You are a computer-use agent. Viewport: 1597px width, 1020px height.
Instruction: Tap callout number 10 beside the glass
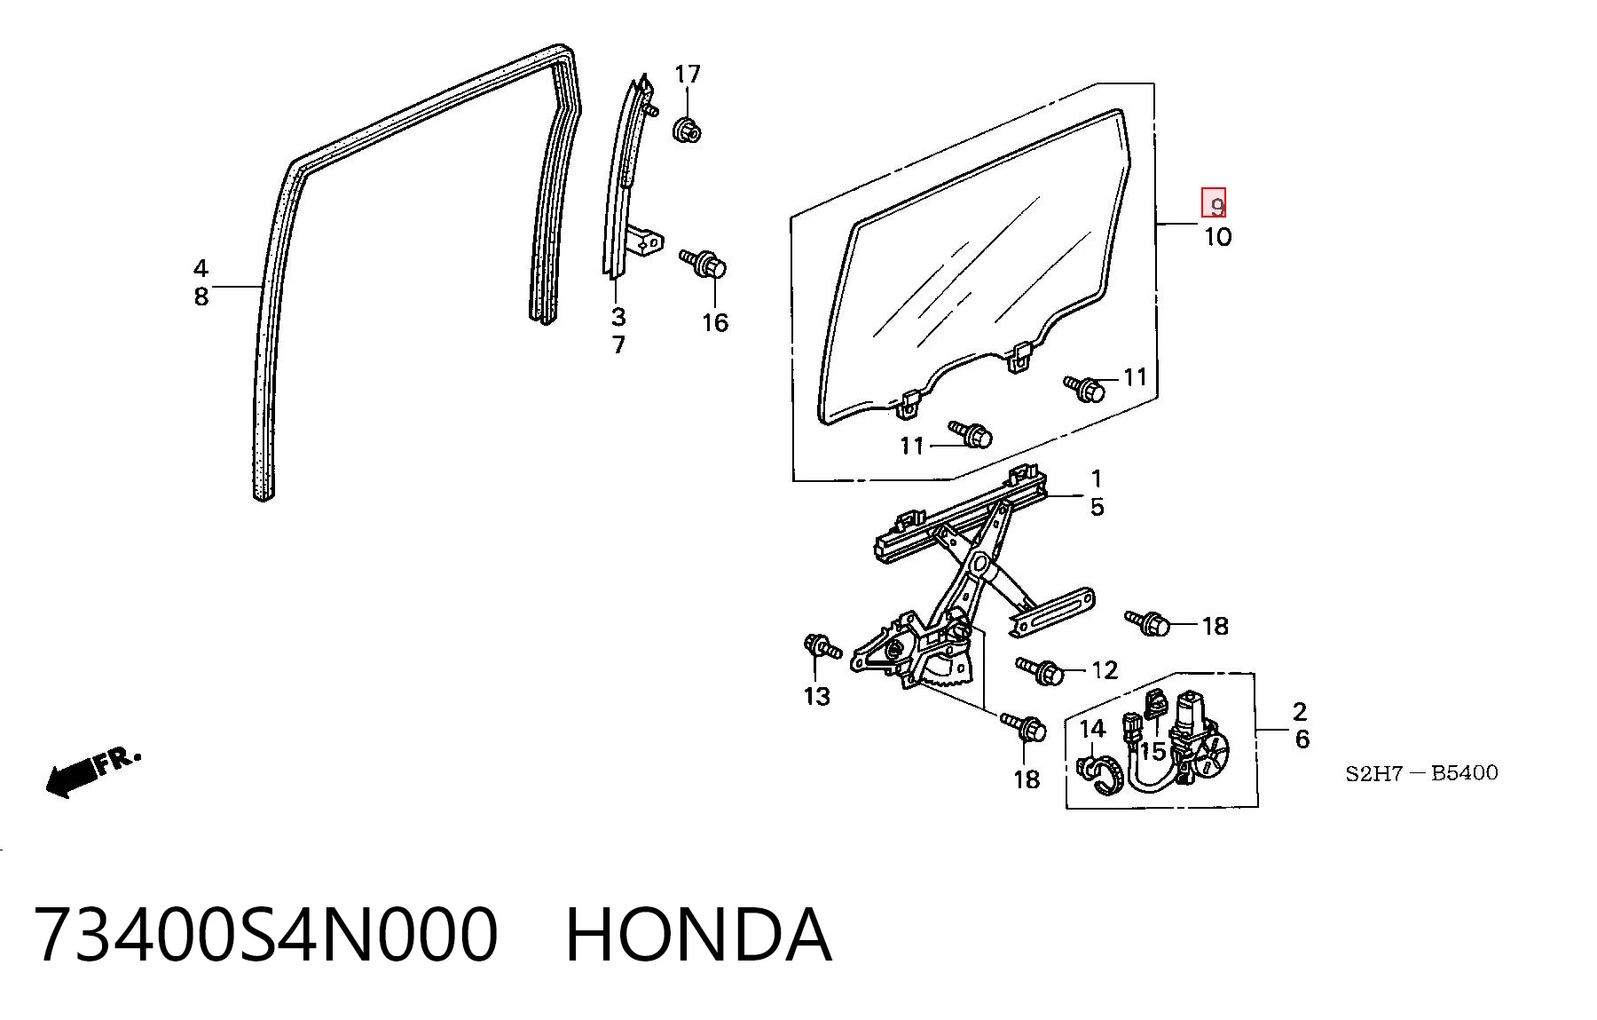click(x=1217, y=237)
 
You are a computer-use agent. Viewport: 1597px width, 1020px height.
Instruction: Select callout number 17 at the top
click(x=688, y=75)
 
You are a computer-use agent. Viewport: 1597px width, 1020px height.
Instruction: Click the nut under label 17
click(x=687, y=130)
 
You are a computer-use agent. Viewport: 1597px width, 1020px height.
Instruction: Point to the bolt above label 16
click(x=704, y=263)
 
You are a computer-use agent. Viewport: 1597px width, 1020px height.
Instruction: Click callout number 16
click(x=715, y=323)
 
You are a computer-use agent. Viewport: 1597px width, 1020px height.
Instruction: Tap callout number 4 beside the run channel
click(x=201, y=268)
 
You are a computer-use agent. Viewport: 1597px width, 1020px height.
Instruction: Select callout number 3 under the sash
click(x=618, y=317)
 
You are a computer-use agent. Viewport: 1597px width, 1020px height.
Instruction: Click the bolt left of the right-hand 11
click(x=1085, y=388)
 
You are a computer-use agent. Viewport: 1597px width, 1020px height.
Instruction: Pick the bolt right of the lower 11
click(x=971, y=434)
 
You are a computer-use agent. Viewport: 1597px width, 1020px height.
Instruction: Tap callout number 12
click(x=1105, y=670)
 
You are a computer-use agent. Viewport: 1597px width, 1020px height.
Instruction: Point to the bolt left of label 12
click(x=1039, y=670)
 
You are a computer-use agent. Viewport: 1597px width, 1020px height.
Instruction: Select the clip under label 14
click(x=1101, y=774)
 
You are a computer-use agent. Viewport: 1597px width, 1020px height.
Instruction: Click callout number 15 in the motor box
click(x=1152, y=752)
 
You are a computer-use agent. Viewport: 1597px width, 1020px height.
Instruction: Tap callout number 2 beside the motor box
click(x=1300, y=711)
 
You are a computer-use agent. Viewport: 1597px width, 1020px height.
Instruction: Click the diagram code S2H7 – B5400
click(x=1421, y=773)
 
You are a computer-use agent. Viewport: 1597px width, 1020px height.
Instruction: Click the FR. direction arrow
click(x=93, y=771)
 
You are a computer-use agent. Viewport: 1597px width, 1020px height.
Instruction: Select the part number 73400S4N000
click(x=265, y=936)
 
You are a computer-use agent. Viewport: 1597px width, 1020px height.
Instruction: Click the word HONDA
click(x=699, y=936)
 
